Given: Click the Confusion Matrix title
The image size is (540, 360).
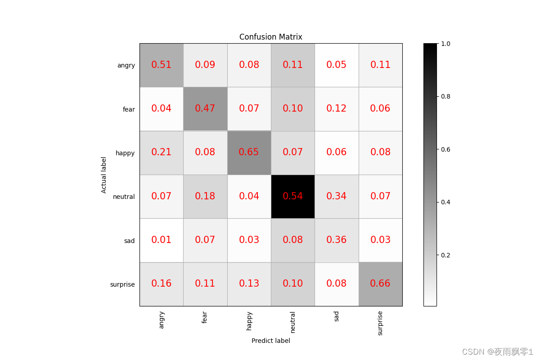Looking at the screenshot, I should tap(270, 37).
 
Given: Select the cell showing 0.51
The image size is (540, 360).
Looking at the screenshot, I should tap(161, 65).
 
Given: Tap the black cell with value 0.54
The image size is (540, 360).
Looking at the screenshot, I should tap(292, 196).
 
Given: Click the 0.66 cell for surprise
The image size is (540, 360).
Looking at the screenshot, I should tap(380, 283).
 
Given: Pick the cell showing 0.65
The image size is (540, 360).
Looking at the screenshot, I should tap(249, 152).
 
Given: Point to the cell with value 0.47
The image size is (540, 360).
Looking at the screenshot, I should tap(205, 108).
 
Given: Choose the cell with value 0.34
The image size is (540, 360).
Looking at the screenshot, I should tap(337, 196).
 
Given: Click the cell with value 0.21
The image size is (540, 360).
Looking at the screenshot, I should tap(161, 152).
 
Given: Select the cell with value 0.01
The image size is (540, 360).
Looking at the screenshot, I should tap(161, 240).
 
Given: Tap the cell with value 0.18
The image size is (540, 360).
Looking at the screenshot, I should tap(205, 196).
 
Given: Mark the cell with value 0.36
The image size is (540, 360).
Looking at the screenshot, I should tap(337, 240).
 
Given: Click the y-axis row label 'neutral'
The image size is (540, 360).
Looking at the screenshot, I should tap(124, 197).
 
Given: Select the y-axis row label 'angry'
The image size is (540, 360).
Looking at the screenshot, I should tap(126, 65).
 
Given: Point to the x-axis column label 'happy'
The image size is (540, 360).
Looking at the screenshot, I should tap(249, 320).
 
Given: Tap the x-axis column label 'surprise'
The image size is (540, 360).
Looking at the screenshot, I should tap(380, 323).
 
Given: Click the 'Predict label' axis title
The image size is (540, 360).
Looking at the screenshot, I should tap(270, 341).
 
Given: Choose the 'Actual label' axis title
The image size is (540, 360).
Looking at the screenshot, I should tap(104, 175).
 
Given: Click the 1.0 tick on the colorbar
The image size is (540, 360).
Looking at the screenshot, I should tap(446, 44).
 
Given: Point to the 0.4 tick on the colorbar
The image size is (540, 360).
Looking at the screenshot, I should tap(446, 202).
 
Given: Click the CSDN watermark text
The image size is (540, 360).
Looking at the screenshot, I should tap(497, 351).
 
